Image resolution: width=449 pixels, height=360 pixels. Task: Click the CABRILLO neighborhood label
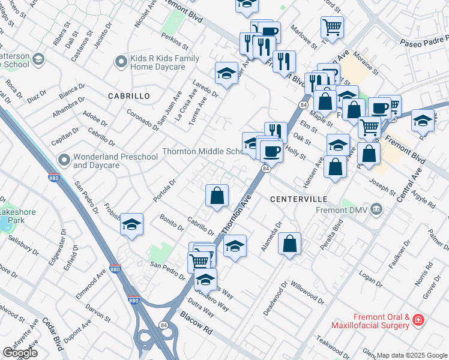(x=128, y=96)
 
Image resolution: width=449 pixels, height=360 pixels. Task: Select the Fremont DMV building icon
(x=376, y=209)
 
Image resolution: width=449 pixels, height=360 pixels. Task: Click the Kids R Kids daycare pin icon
(x=121, y=61)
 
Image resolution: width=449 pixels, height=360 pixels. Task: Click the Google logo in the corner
(x=20, y=353)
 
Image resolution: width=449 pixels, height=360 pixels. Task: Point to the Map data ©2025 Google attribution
(x=412, y=355)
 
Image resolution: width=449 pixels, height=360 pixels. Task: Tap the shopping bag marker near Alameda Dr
(x=289, y=243)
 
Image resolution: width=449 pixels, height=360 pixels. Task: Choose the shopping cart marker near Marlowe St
(x=331, y=26)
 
